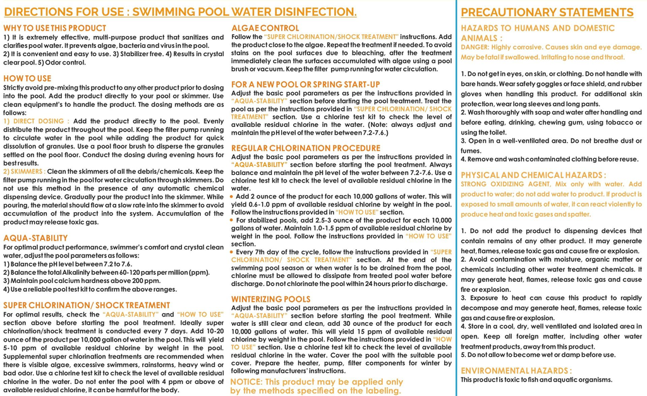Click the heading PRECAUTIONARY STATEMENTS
[x=547, y=13]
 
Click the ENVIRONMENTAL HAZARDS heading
[x=516, y=370]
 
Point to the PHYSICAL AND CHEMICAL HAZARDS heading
[x=533, y=174]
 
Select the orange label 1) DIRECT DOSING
[x=36, y=120]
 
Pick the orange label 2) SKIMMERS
[x=24, y=171]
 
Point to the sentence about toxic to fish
[x=536, y=380]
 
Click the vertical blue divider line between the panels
[x=456, y=198]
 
